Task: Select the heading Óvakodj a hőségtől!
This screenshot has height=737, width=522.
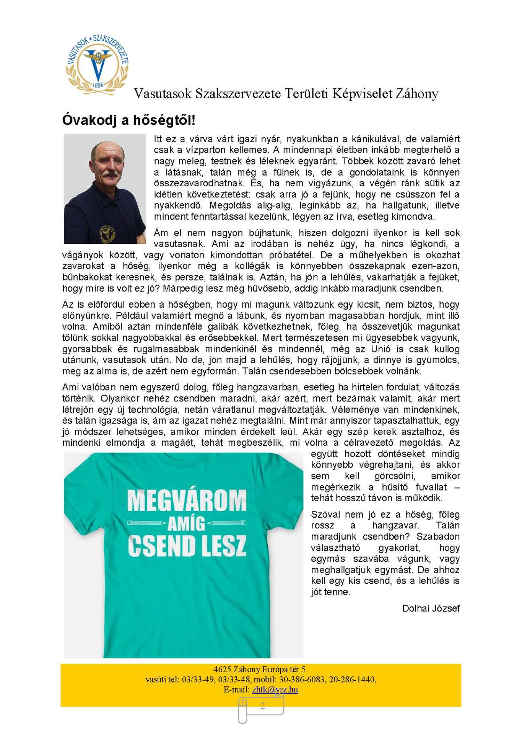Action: click(128, 120)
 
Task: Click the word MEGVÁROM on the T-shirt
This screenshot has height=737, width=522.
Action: click(187, 501)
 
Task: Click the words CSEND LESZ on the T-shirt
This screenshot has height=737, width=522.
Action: click(187, 546)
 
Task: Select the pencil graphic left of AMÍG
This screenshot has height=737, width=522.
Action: click(147, 523)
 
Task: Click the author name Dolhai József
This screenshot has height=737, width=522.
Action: click(431, 608)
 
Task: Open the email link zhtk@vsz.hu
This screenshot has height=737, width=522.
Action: click(275, 689)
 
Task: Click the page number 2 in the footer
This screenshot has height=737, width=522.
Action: click(262, 706)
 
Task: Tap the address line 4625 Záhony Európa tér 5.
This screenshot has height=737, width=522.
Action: click(261, 669)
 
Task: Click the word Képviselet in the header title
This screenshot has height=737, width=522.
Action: click(362, 94)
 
